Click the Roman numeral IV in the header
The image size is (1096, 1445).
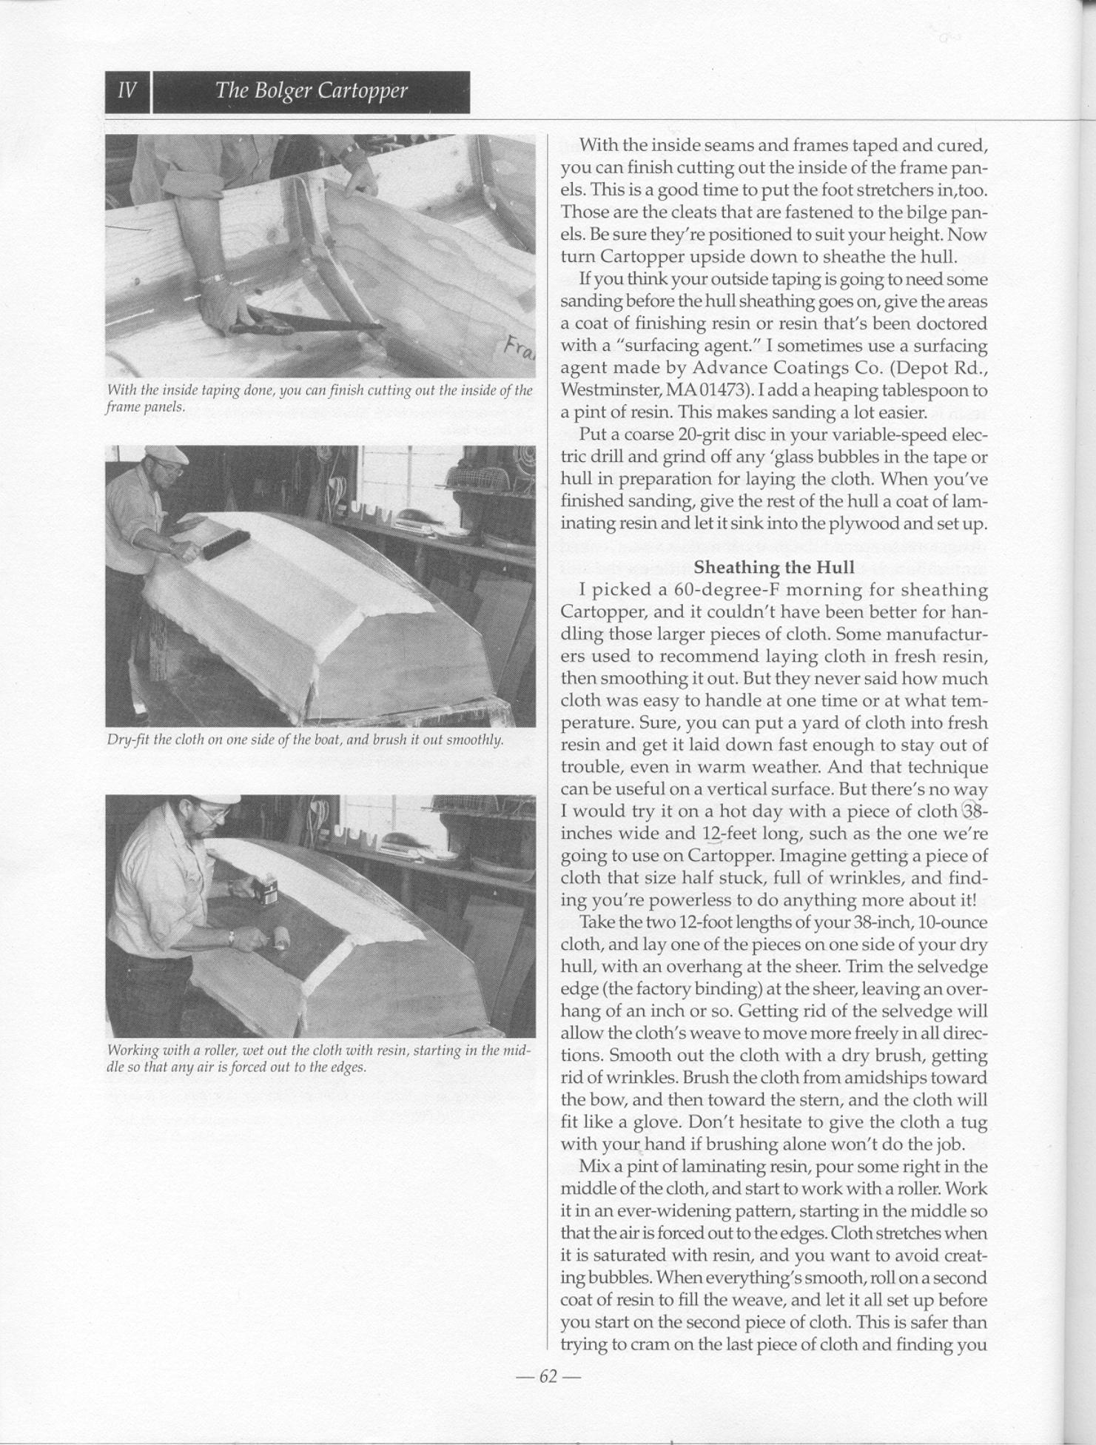127,91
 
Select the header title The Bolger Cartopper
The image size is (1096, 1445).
311,91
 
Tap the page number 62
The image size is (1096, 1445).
548,1376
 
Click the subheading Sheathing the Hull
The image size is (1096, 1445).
774,568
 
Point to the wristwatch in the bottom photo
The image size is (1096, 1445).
232,938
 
